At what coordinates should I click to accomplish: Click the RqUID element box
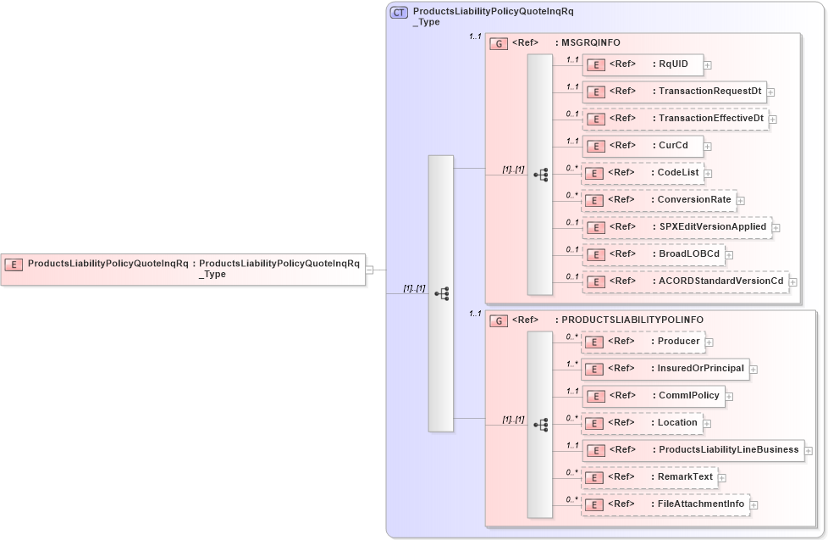point(642,64)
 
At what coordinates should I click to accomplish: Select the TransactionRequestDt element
point(673,92)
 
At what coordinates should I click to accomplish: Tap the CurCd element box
point(642,146)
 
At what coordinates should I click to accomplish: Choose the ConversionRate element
point(658,200)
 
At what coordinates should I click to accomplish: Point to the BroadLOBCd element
point(653,253)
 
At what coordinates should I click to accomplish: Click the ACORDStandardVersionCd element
point(685,281)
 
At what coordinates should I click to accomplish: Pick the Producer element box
point(643,342)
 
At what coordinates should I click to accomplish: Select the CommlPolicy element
point(653,395)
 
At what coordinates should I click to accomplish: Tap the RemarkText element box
point(649,477)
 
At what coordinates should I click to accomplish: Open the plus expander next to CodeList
point(709,173)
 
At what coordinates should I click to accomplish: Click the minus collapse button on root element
point(370,270)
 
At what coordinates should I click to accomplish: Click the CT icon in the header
point(399,12)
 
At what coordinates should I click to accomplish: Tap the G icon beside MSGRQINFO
point(500,42)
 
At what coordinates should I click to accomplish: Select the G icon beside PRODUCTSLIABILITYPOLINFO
point(500,320)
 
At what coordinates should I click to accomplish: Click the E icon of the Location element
point(595,423)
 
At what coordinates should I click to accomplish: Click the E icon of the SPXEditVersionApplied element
point(595,227)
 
